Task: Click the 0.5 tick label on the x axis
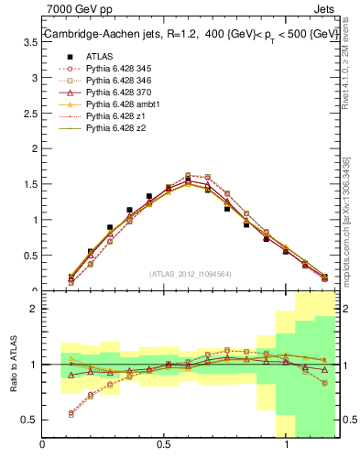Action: click(x=163, y=444)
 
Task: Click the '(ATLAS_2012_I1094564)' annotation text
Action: click(x=190, y=273)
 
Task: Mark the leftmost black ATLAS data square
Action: click(x=71, y=277)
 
